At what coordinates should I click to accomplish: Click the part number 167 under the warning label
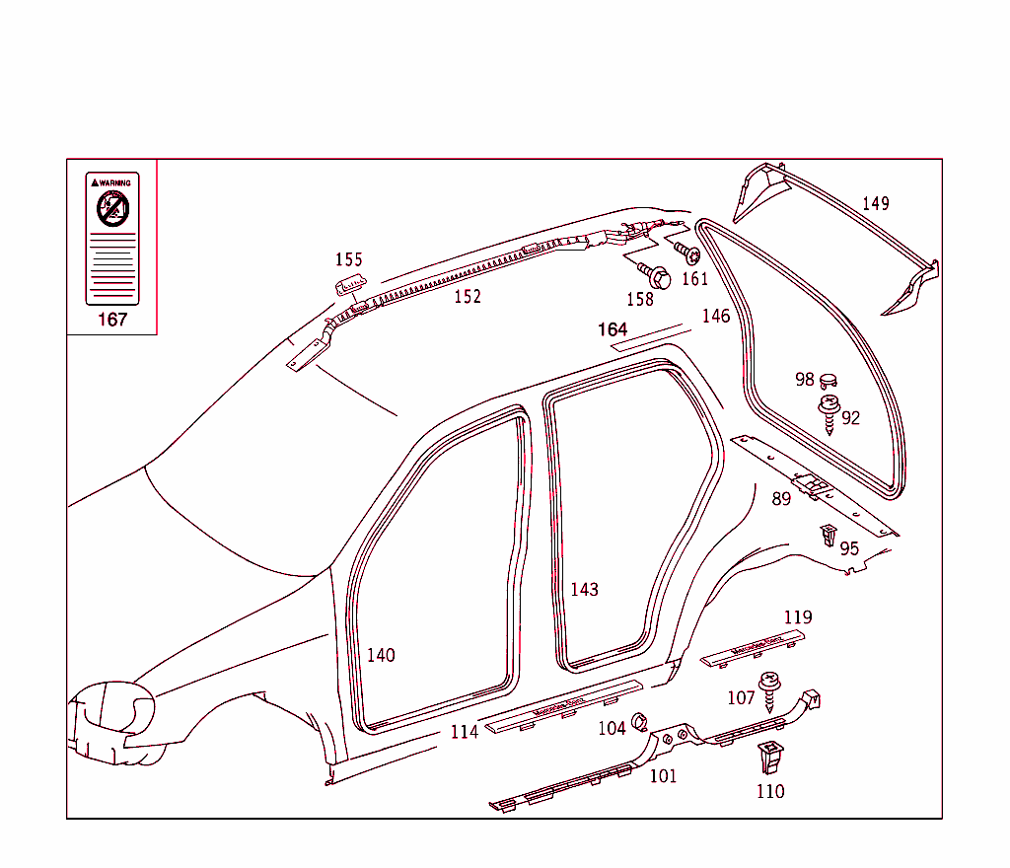pyautogui.click(x=112, y=320)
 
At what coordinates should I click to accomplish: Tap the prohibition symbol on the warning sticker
pyautogui.click(x=112, y=208)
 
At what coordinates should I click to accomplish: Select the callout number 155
pyautogui.click(x=349, y=259)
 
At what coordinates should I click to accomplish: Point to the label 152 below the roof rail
pyautogui.click(x=468, y=296)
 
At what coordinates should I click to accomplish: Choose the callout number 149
pyautogui.click(x=876, y=203)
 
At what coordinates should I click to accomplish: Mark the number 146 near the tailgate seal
pyautogui.click(x=716, y=316)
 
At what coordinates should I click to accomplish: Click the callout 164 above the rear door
pyautogui.click(x=613, y=328)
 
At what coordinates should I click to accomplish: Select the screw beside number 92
pyautogui.click(x=829, y=412)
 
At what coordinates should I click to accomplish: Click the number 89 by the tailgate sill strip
pyautogui.click(x=781, y=499)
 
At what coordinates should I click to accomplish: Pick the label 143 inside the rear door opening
pyautogui.click(x=584, y=589)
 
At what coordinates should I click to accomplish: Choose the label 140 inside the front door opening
pyautogui.click(x=381, y=654)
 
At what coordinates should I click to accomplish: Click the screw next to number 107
pyautogui.click(x=769, y=687)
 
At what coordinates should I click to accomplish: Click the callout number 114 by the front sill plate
pyautogui.click(x=464, y=731)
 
